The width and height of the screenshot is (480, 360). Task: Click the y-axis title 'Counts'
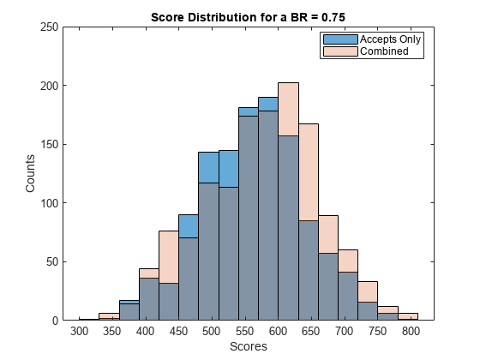pos(31,173)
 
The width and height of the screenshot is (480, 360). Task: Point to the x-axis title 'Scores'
pos(249,347)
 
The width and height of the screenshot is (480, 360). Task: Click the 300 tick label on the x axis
pos(79,332)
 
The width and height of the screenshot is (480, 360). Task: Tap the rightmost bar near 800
pos(409,317)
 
